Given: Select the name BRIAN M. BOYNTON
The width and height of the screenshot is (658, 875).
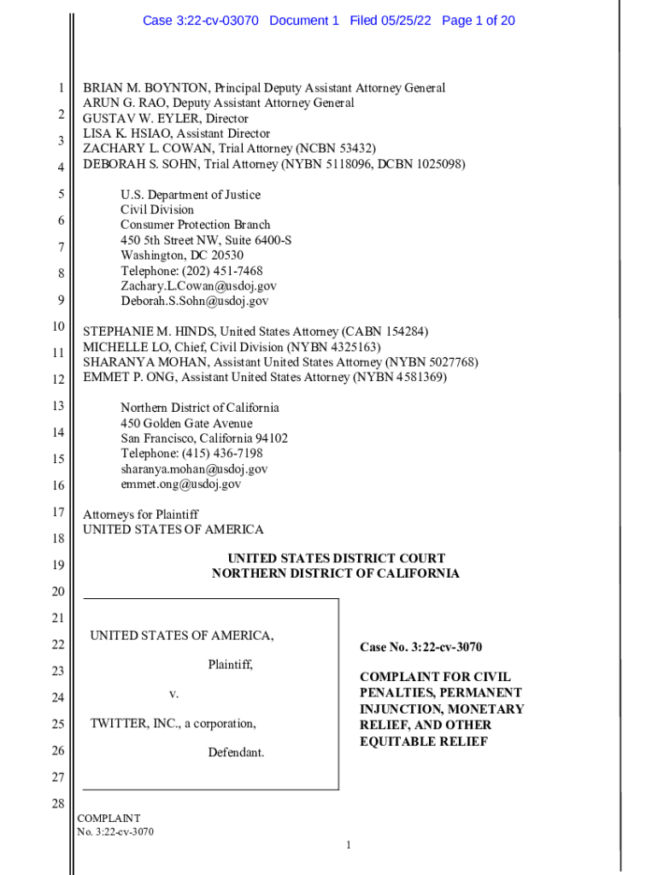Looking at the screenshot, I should [x=145, y=88].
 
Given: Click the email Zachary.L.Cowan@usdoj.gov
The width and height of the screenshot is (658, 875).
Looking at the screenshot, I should [x=198, y=286].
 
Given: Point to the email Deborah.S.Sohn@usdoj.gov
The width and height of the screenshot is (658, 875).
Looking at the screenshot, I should [x=195, y=301].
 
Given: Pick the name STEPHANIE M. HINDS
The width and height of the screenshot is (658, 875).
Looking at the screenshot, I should [x=149, y=332].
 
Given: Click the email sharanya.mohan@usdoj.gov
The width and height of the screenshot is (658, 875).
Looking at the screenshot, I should [x=194, y=469].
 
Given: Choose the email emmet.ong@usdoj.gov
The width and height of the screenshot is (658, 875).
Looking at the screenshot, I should [x=181, y=484].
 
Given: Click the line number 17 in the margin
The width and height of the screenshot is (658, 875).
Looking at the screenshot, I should [x=58, y=513].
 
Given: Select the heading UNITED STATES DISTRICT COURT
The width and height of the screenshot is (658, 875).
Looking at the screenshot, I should [x=336, y=559].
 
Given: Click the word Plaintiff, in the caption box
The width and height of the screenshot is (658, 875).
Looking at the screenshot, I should [x=231, y=664].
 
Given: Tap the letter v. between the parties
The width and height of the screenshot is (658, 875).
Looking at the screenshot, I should [x=173, y=694].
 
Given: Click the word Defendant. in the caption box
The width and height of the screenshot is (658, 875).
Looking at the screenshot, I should [x=236, y=753].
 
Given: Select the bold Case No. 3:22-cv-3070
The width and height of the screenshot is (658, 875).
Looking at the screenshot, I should [x=426, y=648].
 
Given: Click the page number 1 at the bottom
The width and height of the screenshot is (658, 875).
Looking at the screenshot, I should [x=349, y=846].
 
